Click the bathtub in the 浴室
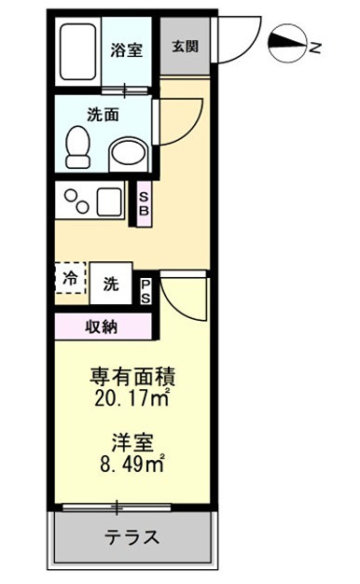pyautogui.click(x=77, y=51)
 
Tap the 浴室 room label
pyautogui.click(x=126, y=50)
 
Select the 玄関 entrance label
pyautogui.click(x=185, y=47)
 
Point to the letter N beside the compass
pyautogui.click(x=315, y=48)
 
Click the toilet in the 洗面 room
pyautogui.click(x=77, y=147)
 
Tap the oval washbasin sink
pyautogui.click(x=130, y=155)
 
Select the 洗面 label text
pyautogui.click(x=104, y=115)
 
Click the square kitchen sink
pyautogui.click(x=109, y=202)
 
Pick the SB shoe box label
pyautogui.click(x=144, y=203)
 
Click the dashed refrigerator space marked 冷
pyautogui.click(x=70, y=278)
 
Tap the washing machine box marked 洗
pyautogui.click(x=111, y=284)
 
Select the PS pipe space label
pyautogui.click(x=145, y=291)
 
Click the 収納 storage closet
pyautogui.click(x=104, y=327)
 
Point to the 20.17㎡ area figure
pyautogui.click(x=132, y=399)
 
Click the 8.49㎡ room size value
pyautogui.click(x=132, y=465)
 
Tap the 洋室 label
pyautogui.click(x=132, y=443)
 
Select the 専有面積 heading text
pyautogui.click(x=132, y=377)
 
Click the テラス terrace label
pyautogui.click(x=132, y=537)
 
